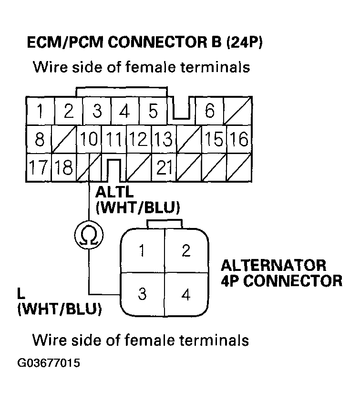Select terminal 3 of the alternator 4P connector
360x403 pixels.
142,294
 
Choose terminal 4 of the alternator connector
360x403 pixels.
186,295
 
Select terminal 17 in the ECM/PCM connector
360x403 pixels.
39,167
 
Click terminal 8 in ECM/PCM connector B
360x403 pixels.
40,140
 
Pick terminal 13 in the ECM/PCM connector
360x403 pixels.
164,140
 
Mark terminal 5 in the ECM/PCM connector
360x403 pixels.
153,111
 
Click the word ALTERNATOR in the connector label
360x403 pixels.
274,265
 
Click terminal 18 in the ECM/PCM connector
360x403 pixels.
64,167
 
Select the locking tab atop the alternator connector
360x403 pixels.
165,224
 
